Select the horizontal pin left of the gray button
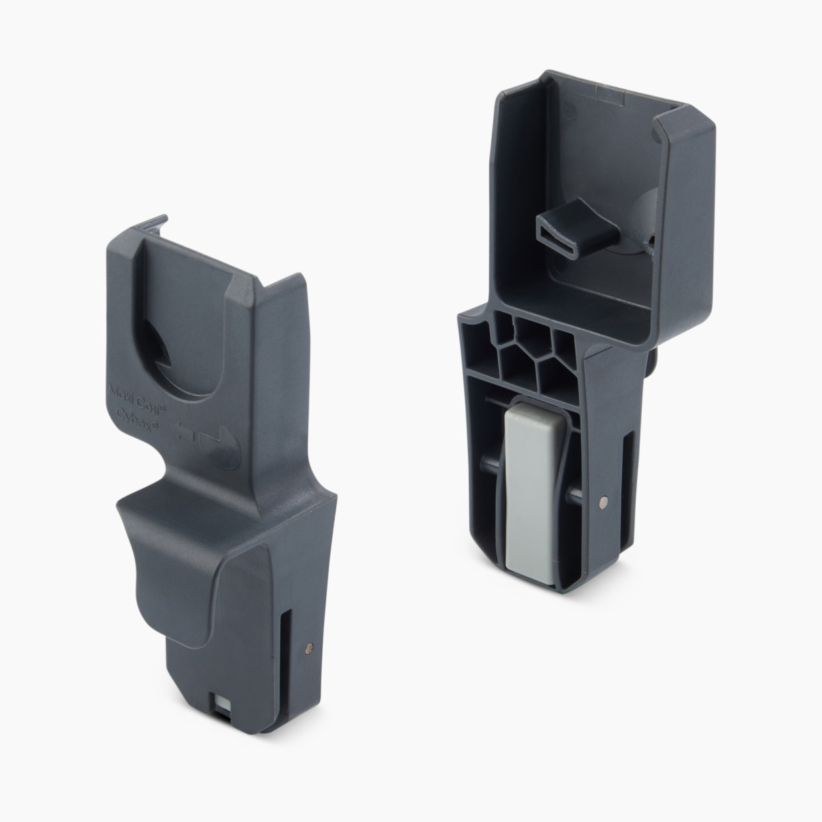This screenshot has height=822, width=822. (x=491, y=496)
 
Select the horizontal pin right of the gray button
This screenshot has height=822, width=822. (x=573, y=494)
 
